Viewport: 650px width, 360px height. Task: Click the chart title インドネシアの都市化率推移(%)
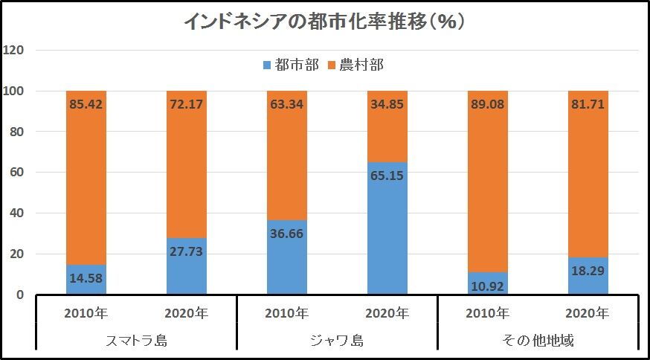pos(324,20)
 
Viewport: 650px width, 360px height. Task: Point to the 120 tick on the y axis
pos(16,51)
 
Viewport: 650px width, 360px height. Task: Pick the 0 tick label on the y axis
pos(21,295)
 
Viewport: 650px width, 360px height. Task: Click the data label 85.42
pos(86,104)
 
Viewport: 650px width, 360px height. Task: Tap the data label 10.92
pos(487,284)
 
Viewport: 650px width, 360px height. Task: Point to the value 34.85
pos(387,104)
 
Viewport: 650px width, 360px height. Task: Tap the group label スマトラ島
pos(136,342)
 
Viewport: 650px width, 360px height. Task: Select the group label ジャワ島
pos(336,342)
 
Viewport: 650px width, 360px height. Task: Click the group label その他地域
pos(537,342)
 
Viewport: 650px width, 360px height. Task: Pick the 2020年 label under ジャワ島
pos(387,312)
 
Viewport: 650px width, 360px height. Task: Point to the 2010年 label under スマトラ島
pos(86,312)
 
